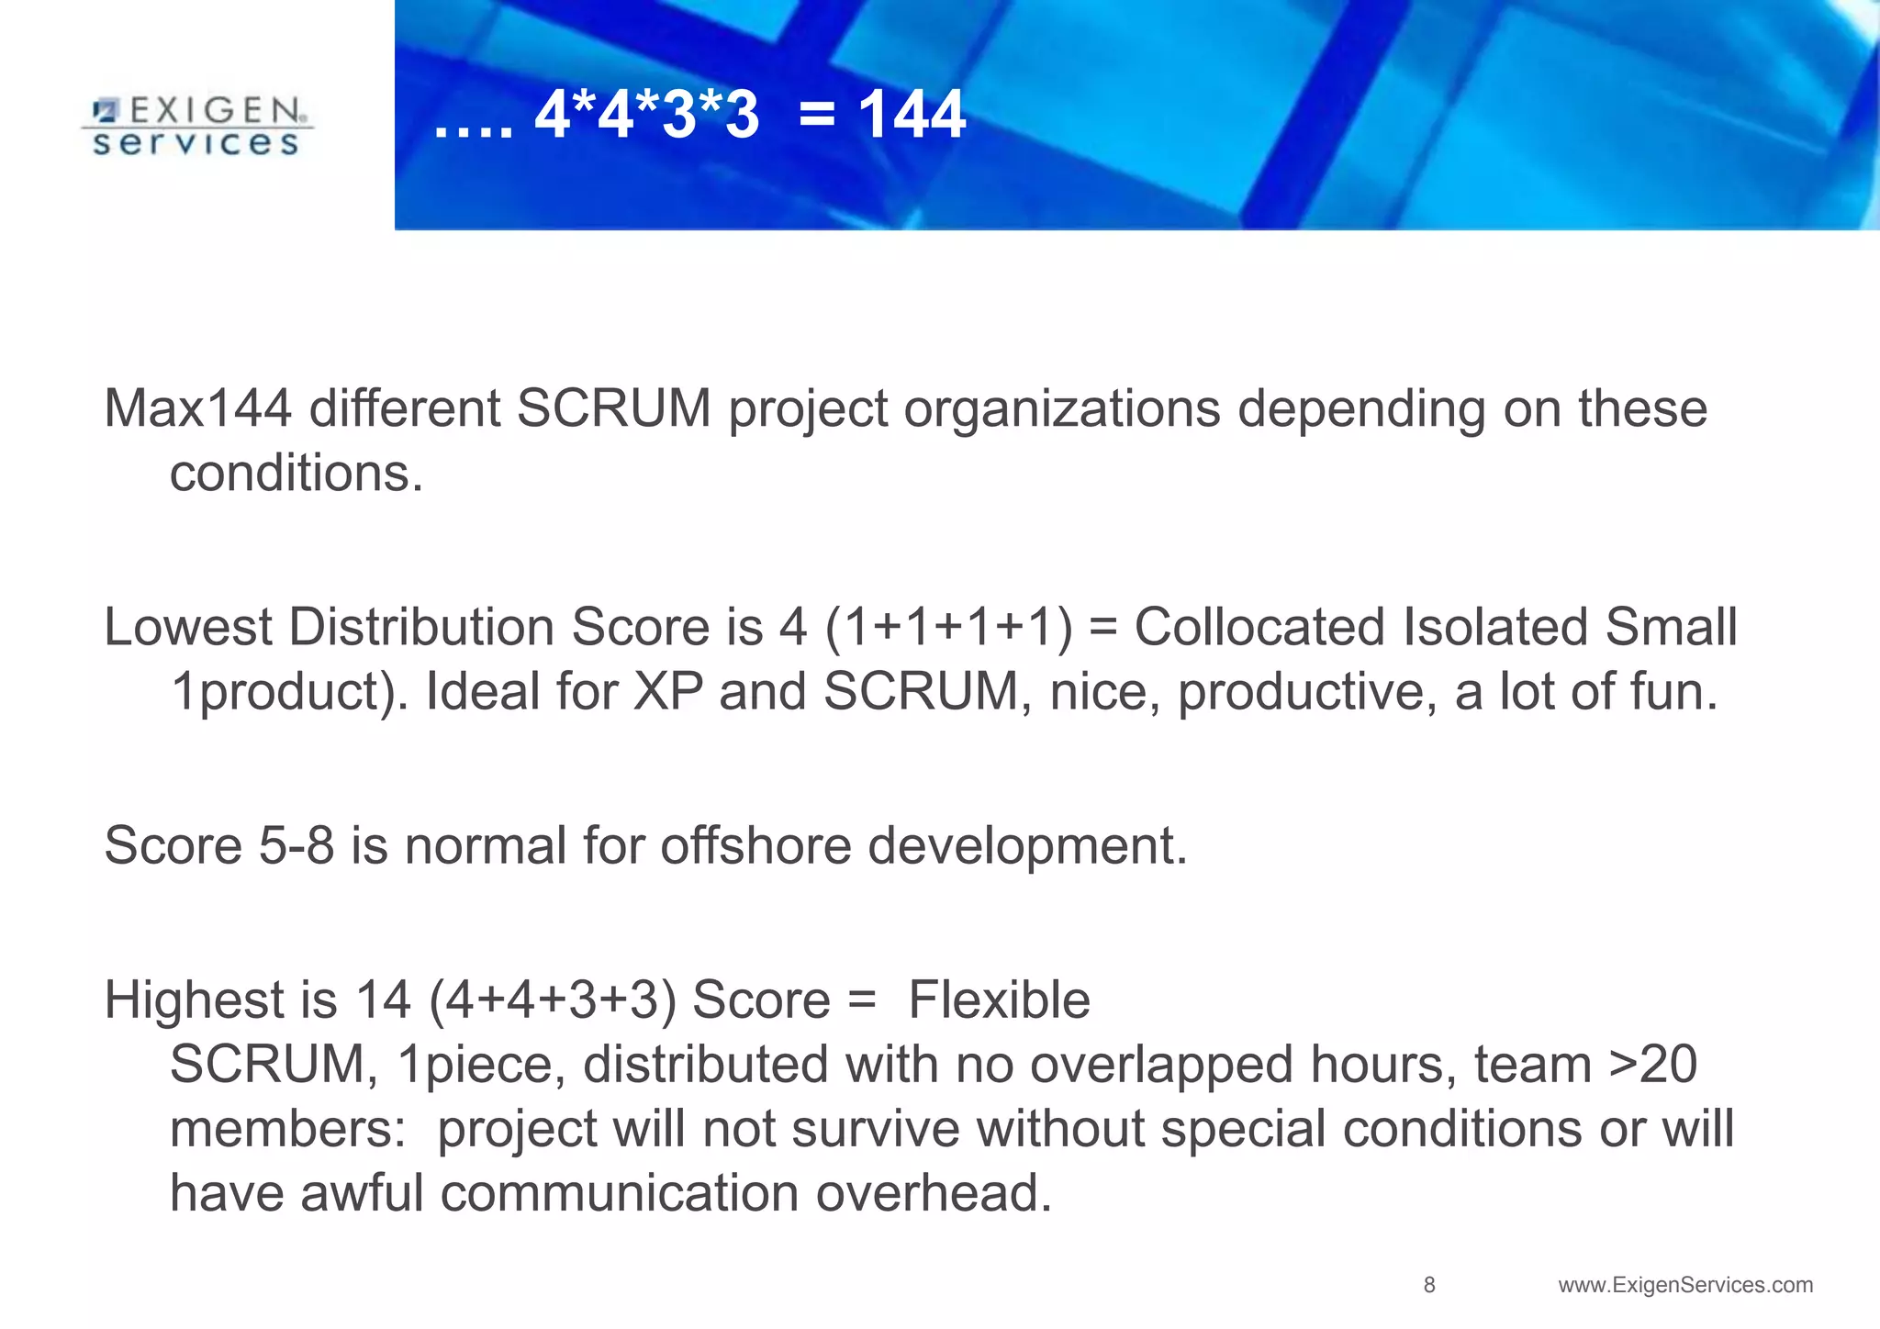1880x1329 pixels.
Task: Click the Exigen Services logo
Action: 196,127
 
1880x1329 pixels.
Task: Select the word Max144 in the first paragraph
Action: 197,408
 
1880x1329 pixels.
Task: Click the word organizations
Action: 1062,408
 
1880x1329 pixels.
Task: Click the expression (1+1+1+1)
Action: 948,628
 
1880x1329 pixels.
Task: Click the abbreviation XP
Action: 668,691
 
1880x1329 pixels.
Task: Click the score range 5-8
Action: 296,845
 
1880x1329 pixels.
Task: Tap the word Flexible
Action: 999,1000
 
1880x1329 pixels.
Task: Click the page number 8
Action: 1428,1285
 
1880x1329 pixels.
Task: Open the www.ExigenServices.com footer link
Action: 1685,1285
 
